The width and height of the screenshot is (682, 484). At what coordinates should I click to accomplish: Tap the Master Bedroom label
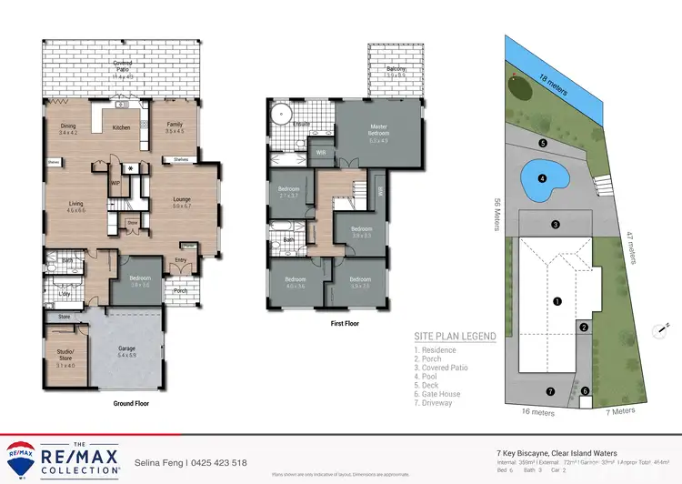378,129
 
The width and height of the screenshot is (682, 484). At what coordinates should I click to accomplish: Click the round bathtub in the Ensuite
283,116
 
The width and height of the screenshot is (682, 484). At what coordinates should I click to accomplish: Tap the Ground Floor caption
130,403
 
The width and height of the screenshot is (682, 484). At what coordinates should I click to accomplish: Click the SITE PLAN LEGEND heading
455,336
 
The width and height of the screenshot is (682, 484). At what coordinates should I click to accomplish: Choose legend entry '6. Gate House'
438,394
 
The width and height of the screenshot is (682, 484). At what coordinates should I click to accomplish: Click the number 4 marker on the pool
542,178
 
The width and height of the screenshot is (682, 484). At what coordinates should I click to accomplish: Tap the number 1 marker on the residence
557,300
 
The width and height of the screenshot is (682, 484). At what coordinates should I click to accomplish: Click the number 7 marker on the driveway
549,391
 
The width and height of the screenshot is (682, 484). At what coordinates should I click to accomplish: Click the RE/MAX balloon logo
22,453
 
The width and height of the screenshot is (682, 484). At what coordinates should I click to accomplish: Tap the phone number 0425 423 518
216,462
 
